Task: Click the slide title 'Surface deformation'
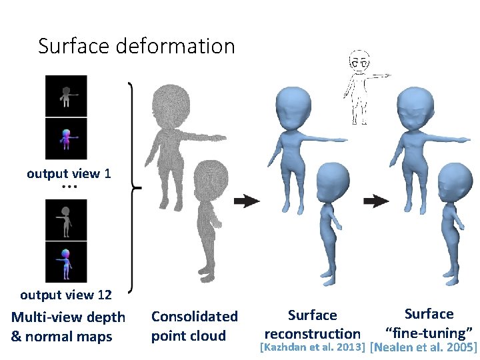click(137, 46)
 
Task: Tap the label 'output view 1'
click(69, 174)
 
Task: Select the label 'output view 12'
click(66, 295)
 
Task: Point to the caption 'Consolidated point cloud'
click(194, 326)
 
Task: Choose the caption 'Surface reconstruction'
click(313, 324)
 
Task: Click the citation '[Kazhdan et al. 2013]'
click(312, 347)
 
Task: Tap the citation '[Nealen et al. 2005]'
click(423, 347)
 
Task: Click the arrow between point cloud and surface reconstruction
click(247, 200)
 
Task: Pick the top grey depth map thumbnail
click(66, 95)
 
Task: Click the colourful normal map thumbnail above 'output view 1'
click(66, 139)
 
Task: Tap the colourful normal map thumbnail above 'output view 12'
click(66, 261)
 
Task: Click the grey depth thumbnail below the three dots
click(66, 219)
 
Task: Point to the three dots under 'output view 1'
click(69, 187)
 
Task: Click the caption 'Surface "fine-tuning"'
click(429, 323)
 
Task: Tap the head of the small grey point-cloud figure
click(213, 182)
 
